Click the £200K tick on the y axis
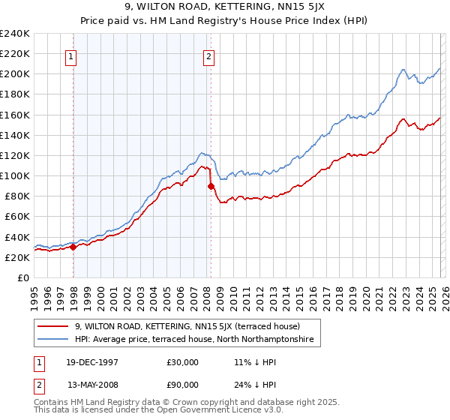(15, 74)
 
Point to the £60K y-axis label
(17, 217)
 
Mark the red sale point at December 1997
(73, 247)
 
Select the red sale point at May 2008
(211, 186)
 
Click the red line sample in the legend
(53, 326)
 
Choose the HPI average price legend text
(197, 340)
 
